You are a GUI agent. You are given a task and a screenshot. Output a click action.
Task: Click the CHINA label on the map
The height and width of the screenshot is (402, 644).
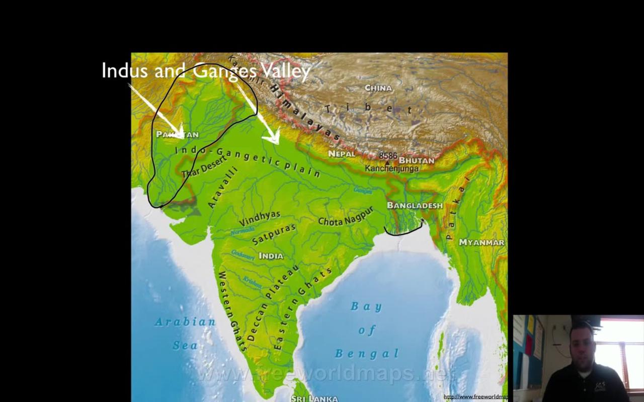click(x=378, y=88)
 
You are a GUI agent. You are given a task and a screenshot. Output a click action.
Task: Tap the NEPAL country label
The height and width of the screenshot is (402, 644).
click(x=342, y=154)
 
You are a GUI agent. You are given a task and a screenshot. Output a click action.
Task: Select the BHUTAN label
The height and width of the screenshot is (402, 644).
click(x=416, y=160)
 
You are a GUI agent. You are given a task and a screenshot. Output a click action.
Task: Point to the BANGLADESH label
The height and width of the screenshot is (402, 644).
click(x=415, y=206)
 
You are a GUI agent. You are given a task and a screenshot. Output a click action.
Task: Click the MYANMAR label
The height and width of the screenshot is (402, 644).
click(x=481, y=242)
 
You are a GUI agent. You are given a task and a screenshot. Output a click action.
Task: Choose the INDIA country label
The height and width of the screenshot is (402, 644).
click(x=271, y=256)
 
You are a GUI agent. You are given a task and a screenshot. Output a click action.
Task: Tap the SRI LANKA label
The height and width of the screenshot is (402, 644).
click(x=314, y=398)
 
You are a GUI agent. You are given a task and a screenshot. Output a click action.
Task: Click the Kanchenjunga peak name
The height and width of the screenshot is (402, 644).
click(x=392, y=169)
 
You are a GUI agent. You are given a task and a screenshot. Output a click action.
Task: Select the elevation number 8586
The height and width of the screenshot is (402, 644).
click(x=388, y=156)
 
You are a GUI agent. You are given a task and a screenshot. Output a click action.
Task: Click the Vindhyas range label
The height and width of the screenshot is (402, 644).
click(x=260, y=218)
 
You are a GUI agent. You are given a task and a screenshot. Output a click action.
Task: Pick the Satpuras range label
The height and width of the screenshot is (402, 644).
click(x=274, y=234)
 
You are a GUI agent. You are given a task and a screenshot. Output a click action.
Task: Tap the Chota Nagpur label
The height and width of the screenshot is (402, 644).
click(x=346, y=217)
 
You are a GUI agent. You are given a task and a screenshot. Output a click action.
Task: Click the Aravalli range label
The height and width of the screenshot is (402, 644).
click(x=222, y=187)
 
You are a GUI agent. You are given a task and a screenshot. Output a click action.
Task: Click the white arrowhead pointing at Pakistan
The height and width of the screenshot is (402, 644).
click(x=180, y=134)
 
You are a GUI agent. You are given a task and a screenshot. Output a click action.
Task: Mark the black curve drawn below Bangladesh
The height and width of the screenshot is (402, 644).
click(x=403, y=233)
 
